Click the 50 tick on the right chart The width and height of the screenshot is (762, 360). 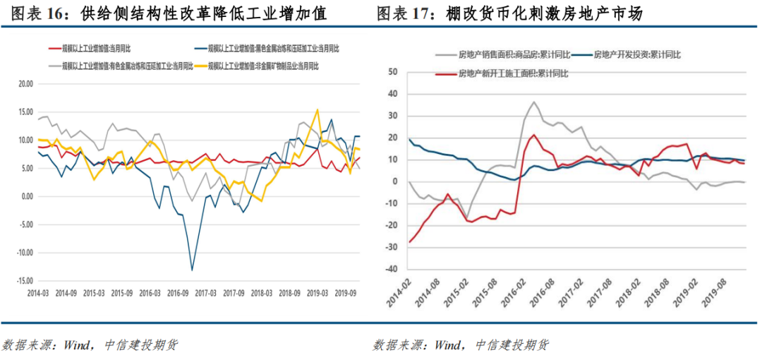(x=393, y=71)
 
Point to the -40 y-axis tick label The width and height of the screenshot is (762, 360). (x=391, y=269)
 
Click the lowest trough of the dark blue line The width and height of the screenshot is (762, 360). (x=192, y=270)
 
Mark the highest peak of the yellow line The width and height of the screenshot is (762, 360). (x=318, y=110)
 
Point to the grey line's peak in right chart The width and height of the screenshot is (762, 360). (x=533, y=102)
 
